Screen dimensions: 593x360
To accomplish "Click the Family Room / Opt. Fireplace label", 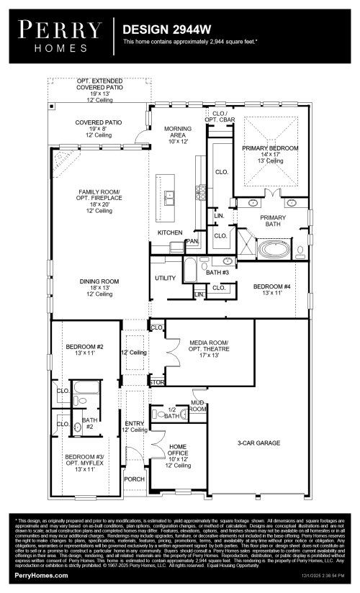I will [x=99, y=201].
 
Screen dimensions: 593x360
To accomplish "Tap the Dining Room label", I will [x=99, y=287].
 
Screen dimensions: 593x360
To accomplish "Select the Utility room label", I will [x=166, y=278].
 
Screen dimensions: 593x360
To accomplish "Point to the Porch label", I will [x=134, y=479].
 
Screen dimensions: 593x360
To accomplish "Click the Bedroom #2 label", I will [x=80, y=349].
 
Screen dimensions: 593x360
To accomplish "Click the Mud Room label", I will [x=198, y=405].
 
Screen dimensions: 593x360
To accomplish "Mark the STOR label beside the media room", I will [x=156, y=381].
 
